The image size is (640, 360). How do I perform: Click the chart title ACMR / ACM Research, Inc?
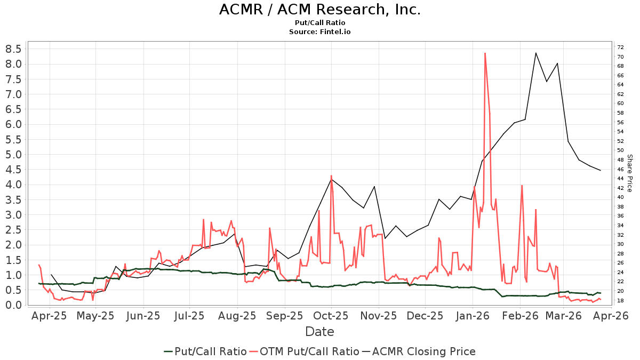320,10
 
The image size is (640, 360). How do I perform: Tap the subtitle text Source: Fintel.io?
320,32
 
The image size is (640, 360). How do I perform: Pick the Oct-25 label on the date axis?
331,316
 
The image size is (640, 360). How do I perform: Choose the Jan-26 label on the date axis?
473,316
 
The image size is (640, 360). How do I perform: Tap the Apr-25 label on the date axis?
50,316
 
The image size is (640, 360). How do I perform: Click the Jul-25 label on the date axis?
190,316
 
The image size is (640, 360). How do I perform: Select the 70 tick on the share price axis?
621,57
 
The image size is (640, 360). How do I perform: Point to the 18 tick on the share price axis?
621,301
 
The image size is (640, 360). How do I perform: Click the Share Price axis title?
629,173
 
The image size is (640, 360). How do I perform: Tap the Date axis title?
319,332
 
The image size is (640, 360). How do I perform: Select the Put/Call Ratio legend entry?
205,351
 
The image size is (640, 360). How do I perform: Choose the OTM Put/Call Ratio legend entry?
304,351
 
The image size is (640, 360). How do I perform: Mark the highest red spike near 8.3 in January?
485,53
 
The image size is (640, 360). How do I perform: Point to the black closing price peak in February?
535,53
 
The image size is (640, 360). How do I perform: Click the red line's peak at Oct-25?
331,175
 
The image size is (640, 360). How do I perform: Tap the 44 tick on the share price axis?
621,179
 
